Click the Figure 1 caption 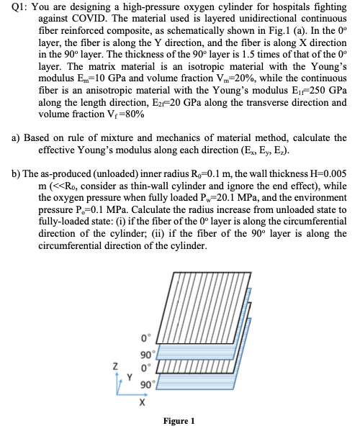pyautogui.click(x=179, y=421)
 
